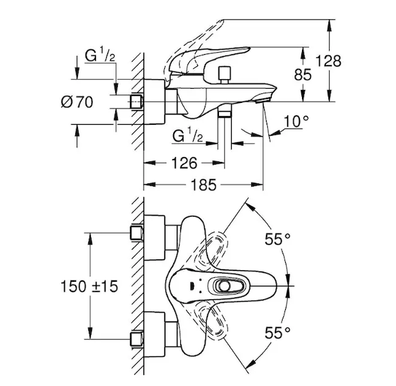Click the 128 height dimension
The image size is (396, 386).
(328, 62)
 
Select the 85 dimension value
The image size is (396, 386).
(303, 75)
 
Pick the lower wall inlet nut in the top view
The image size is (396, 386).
(137, 338)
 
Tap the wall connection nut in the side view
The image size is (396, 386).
(137, 102)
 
